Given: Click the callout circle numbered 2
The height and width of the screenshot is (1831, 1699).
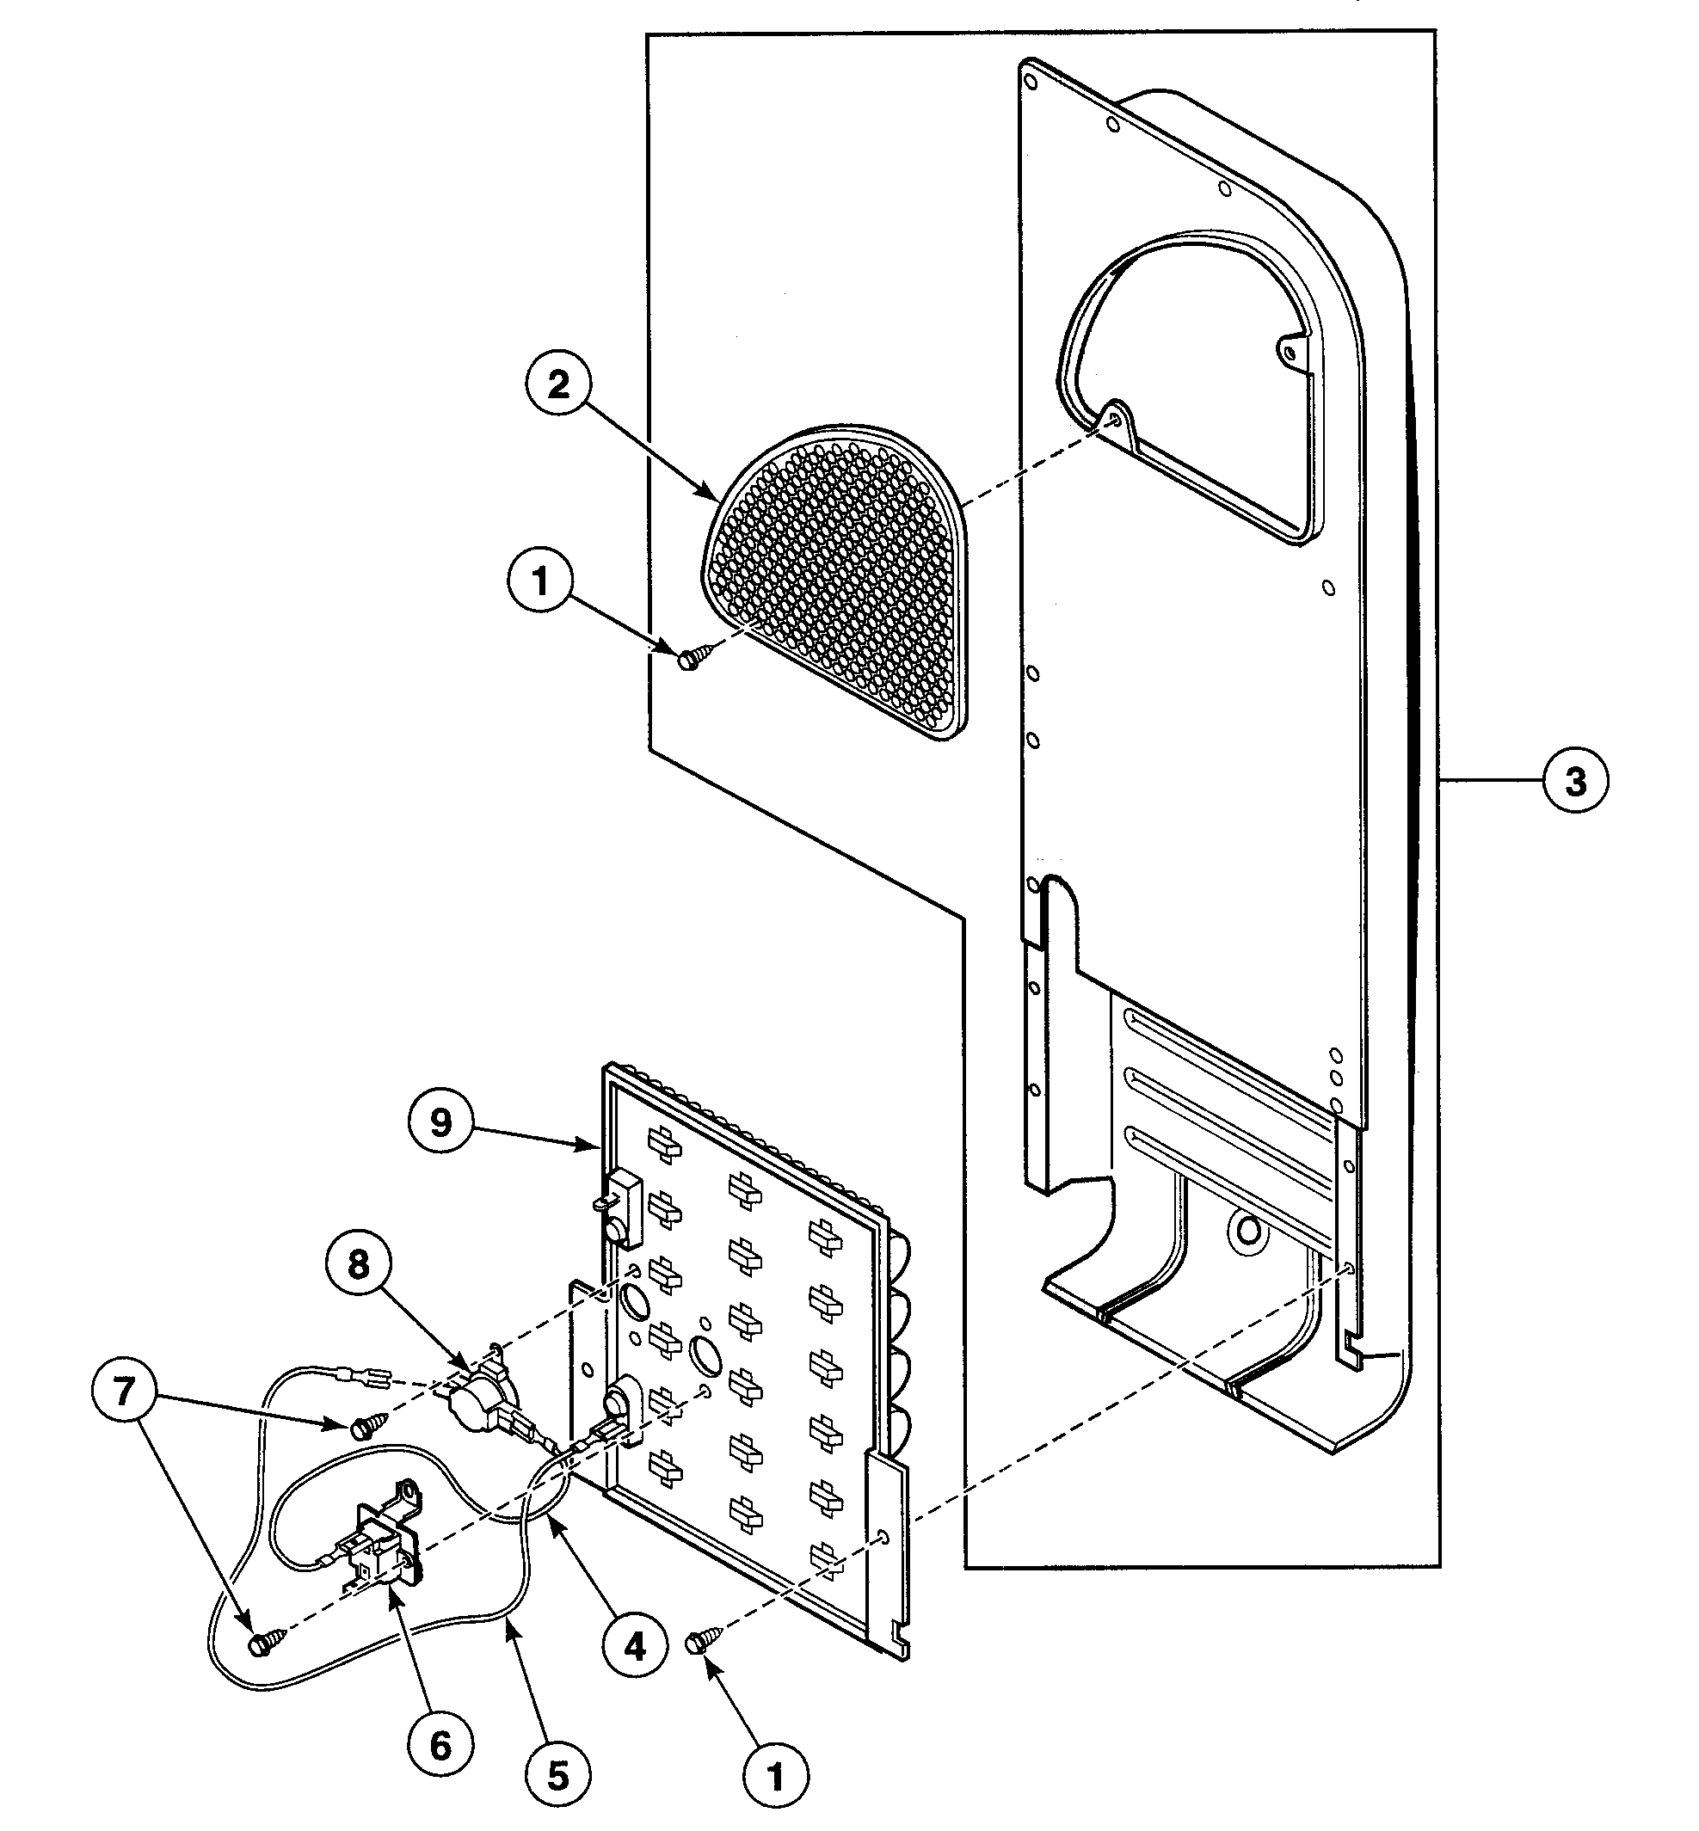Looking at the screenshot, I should [559, 384].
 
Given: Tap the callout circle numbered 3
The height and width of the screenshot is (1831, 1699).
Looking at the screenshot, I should [1575, 780].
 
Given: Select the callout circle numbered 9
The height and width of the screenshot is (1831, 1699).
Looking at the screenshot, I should [441, 1122].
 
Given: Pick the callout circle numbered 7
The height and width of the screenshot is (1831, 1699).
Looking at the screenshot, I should [125, 1391].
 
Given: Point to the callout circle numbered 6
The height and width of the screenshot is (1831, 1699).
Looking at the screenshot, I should [441, 1746].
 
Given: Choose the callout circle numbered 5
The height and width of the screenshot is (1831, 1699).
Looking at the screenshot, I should [559, 1775].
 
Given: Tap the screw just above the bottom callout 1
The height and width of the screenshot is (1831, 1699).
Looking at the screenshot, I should [705, 1639].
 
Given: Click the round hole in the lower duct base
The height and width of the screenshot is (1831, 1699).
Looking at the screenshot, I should [1247, 1229].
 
